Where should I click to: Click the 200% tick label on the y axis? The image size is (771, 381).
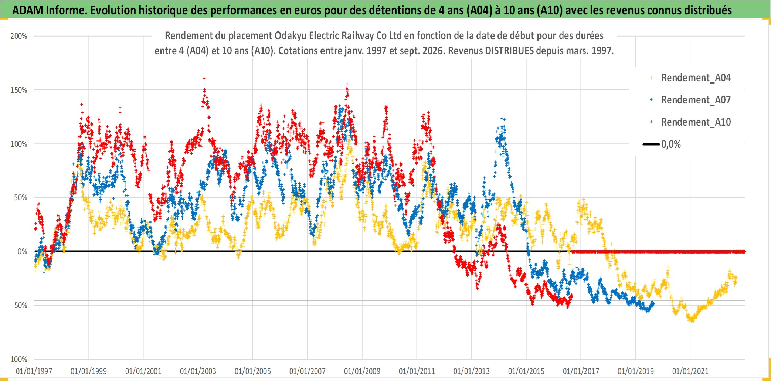pyautogui.click(x=18, y=36)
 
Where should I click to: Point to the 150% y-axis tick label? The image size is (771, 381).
pyautogui.click(x=18, y=90)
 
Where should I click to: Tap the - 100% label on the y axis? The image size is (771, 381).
pyautogui.click(x=17, y=359)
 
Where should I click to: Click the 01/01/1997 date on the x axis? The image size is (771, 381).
pyautogui.click(x=34, y=371)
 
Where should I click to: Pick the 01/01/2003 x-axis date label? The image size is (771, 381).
pyautogui.click(x=198, y=371)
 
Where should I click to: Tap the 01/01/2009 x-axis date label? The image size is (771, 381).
pyautogui.click(x=362, y=371)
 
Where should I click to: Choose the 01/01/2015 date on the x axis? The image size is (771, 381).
pyautogui.click(x=526, y=371)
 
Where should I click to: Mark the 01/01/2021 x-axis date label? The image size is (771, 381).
pyautogui.click(x=690, y=371)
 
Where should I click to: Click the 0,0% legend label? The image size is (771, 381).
pyautogui.click(x=671, y=144)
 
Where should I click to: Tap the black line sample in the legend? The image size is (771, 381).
pyautogui.click(x=651, y=144)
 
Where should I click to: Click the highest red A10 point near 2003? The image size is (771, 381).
pyautogui.click(x=204, y=78)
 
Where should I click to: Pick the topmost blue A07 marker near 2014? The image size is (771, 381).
pyautogui.click(x=502, y=119)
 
